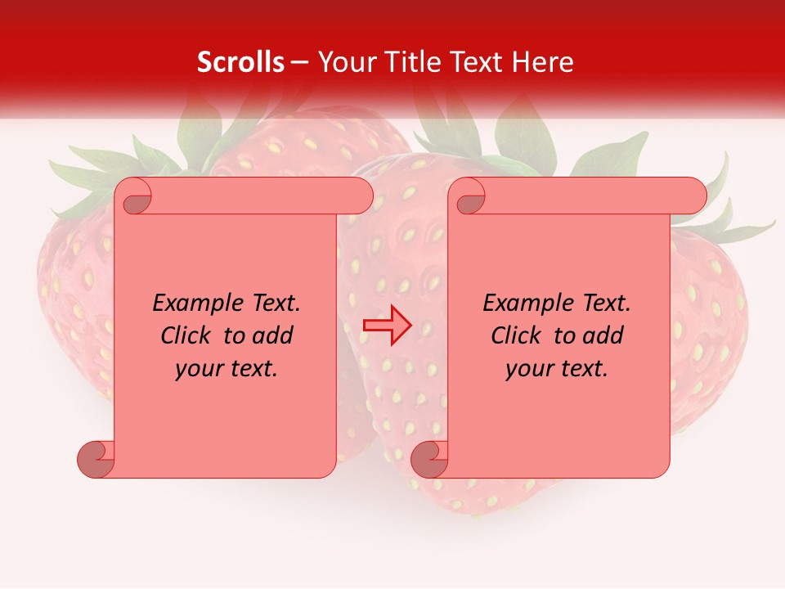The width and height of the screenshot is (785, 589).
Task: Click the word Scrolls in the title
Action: tap(240, 62)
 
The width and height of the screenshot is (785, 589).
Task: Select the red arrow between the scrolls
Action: tap(388, 326)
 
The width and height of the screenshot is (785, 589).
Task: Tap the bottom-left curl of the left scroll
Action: tap(96, 459)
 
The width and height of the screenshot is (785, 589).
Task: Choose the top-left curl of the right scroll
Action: tap(469, 196)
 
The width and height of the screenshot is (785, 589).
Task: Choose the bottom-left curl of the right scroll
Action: tap(429, 459)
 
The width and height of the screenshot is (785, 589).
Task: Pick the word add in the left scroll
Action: tap(272, 335)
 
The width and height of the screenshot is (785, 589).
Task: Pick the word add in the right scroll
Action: tap(603, 335)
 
